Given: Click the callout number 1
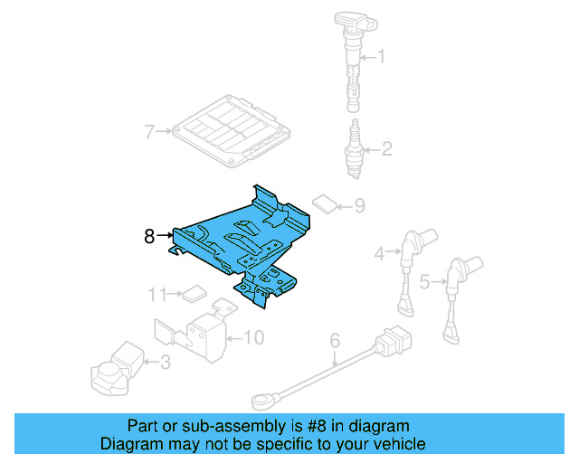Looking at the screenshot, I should coord(381,58).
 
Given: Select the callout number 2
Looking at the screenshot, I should coord(386,149).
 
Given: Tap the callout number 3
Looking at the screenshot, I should coord(165,364).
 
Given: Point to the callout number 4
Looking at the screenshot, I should coord(382,253).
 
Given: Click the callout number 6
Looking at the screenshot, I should coord(334,341).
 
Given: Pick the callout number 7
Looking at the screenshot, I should coord(150,132).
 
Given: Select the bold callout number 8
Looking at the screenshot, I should coord(150,237).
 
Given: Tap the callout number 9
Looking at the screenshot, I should coord(359,206).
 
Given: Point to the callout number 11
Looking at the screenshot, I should coord(158,293).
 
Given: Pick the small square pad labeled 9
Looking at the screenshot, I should coord(324,204).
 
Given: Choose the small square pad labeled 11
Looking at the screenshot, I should coord(193,292).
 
